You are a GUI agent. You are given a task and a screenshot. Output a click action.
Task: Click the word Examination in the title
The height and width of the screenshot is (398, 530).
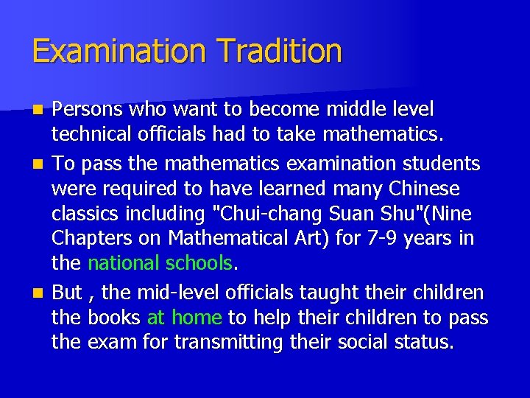click(116, 52)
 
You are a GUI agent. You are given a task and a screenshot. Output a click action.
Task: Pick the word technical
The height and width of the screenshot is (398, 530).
click(87, 135)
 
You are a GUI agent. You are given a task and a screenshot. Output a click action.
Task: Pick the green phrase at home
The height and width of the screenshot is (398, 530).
click(185, 318)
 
